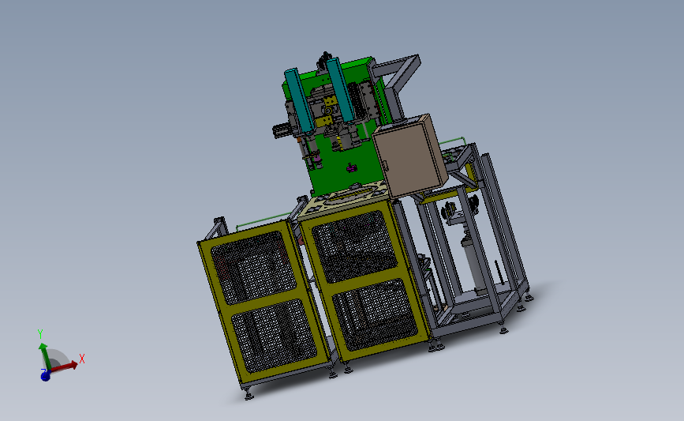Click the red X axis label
81,359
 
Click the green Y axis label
40,334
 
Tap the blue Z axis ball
46,375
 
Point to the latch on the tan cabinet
385,166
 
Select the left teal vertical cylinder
299,100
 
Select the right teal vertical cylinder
340,89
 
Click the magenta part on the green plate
352,167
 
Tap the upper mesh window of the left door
253,268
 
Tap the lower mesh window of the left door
274,336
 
